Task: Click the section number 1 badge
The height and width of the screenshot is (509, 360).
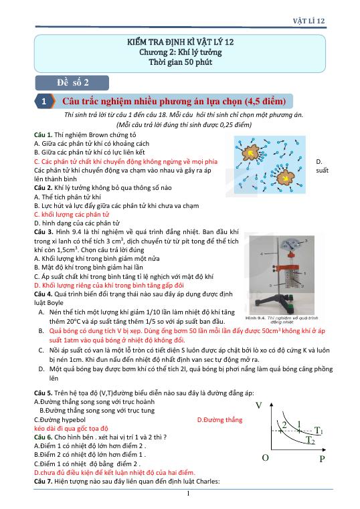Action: click(43, 102)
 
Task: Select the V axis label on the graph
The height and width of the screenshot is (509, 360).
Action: click(258, 406)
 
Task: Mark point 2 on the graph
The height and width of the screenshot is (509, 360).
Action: click(284, 425)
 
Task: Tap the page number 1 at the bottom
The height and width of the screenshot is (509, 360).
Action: click(189, 494)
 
